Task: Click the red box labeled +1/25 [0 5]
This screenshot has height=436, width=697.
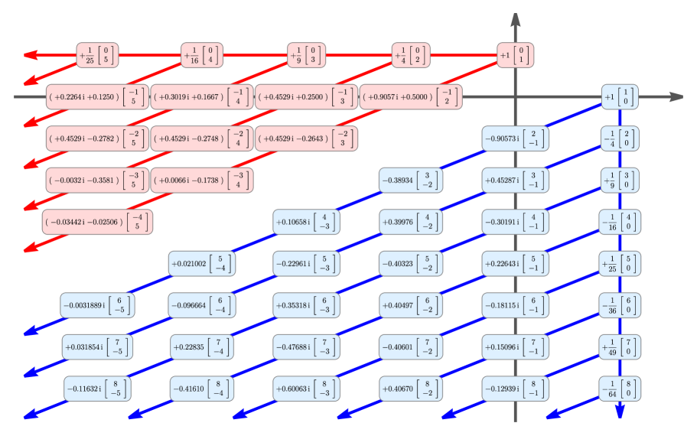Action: click(x=97, y=56)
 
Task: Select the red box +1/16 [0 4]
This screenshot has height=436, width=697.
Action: click(x=202, y=56)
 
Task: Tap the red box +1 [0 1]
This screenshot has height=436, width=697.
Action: click(x=515, y=56)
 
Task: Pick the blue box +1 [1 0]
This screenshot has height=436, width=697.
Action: click(x=620, y=97)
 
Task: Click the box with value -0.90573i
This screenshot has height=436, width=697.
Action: click(x=515, y=138)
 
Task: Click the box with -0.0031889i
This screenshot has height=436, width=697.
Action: click(x=98, y=305)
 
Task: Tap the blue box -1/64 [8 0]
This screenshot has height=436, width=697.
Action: click(x=620, y=388)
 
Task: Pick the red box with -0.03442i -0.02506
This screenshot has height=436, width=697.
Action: click(x=97, y=222)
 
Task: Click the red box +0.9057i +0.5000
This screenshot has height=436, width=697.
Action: click(x=411, y=97)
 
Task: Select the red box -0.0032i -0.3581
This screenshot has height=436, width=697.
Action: click(x=97, y=181)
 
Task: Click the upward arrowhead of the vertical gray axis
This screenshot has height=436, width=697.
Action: click(x=515, y=18)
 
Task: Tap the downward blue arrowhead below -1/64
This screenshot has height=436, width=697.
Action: click(x=620, y=412)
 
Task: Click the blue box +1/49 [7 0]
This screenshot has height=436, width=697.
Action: click(x=620, y=347)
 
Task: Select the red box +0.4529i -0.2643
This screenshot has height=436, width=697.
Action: click(x=306, y=138)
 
